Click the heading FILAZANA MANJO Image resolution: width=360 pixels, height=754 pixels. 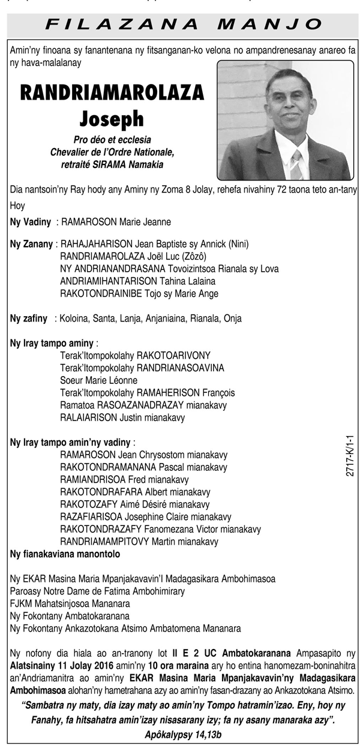click(x=184, y=24)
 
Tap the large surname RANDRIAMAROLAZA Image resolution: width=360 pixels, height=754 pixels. click(x=112, y=93)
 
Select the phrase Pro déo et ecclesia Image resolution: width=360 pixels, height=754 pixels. click(x=112, y=140)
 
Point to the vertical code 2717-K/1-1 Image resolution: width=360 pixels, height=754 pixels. click(x=350, y=456)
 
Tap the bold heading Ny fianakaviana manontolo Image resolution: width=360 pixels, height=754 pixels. click(x=65, y=554)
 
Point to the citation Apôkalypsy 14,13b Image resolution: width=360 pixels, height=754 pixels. click(x=184, y=734)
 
